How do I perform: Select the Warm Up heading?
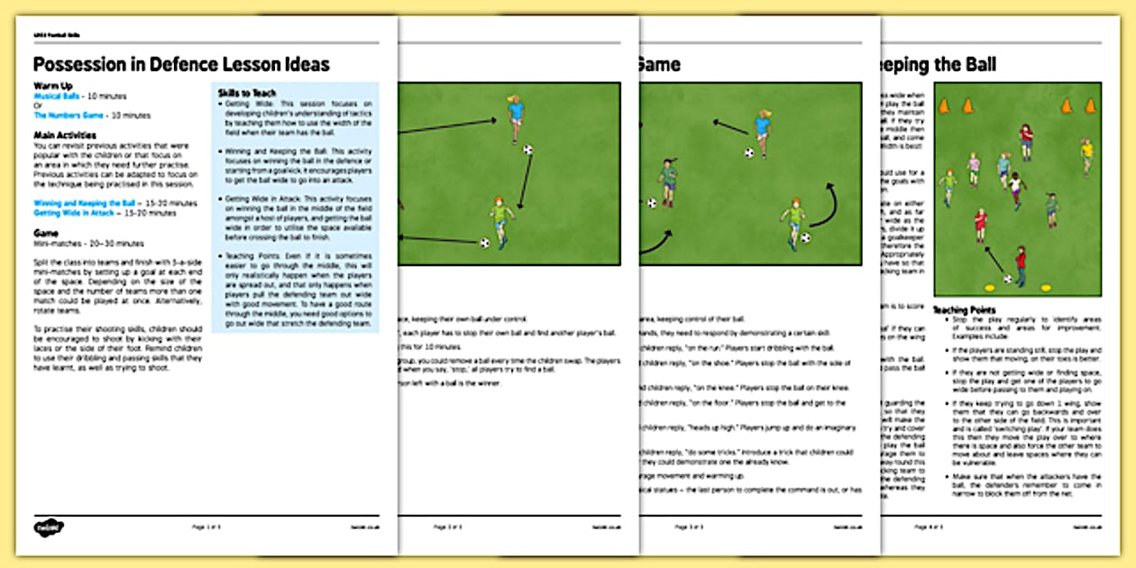(x=53, y=86)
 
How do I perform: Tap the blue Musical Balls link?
(x=60, y=96)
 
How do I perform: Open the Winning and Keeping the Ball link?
(x=87, y=204)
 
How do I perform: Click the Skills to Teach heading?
(x=246, y=93)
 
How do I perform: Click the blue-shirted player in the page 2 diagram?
(x=516, y=117)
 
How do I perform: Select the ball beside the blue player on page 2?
(x=528, y=150)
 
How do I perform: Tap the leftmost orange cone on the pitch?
(x=944, y=106)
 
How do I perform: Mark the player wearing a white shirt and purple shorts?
(x=1017, y=190)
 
